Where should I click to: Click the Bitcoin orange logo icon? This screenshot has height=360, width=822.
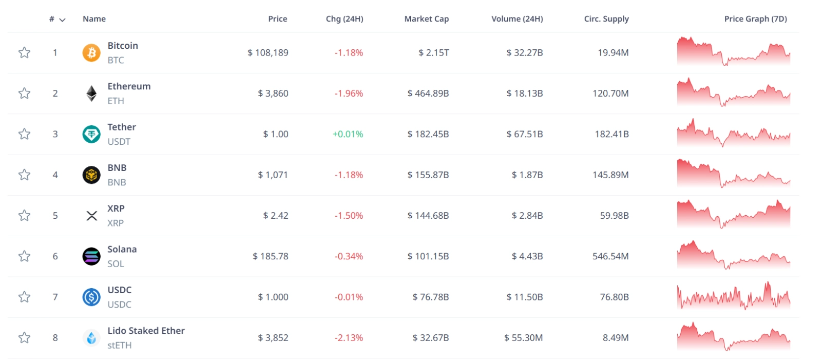(x=91, y=52)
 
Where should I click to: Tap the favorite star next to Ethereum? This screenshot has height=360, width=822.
(x=24, y=93)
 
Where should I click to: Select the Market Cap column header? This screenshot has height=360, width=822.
(x=426, y=19)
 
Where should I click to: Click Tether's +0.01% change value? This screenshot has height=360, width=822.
(x=348, y=134)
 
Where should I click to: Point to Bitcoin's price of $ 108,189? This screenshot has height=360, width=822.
(x=268, y=52)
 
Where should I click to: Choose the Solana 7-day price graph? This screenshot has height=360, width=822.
(x=733, y=255)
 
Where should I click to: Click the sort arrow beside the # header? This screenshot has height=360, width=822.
(x=63, y=20)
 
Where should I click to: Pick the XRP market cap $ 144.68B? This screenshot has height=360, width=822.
(x=428, y=216)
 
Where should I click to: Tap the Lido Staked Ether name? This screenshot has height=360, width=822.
(x=146, y=331)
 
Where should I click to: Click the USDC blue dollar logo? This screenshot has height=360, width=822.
(x=91, y=297)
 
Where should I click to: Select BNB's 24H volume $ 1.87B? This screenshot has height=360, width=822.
(x=527, y=175)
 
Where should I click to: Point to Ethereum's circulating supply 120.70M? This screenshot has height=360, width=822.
(x=610, y=93)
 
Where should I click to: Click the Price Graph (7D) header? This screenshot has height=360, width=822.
(x=755, y=19)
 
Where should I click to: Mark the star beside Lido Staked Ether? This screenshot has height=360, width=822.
(x=24, y=337)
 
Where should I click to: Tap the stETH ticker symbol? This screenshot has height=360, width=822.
(x=119, y=345)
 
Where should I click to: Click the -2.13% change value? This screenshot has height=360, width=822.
(x=349, y=338)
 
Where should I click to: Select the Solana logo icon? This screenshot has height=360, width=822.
(x=91, y=256)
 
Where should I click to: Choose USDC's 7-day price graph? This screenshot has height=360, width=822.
(x=733, y=296)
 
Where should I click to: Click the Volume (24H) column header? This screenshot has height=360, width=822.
(x=517, y=19)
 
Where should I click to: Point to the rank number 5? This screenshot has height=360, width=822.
(x=55, y=216)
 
